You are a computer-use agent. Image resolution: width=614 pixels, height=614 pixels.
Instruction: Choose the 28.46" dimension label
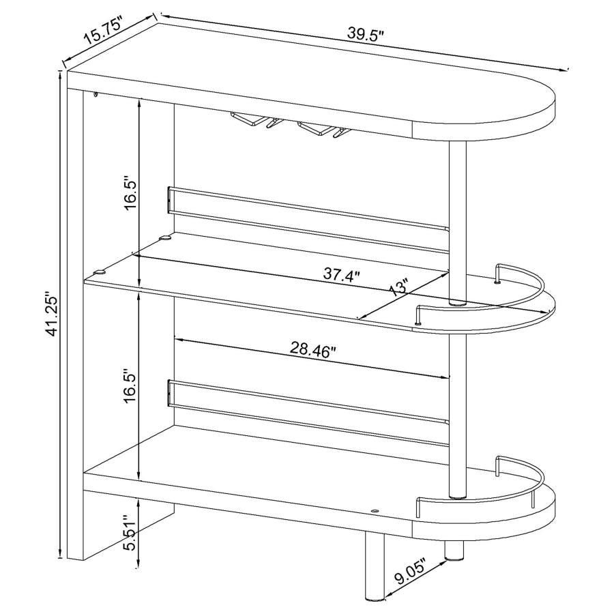(314, 351)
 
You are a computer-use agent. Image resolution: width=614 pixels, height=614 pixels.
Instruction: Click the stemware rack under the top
(287, 126)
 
